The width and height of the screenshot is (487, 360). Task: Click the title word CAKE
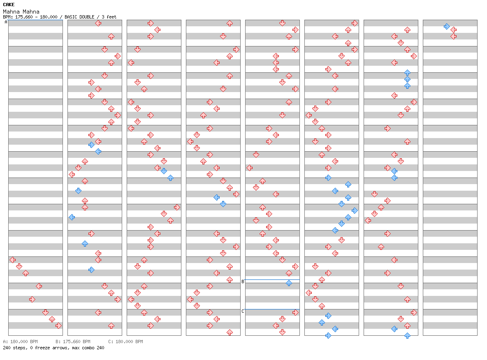point(9,5)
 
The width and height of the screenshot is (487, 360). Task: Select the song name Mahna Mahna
point(21,12)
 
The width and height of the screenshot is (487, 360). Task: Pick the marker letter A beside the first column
point(6,22)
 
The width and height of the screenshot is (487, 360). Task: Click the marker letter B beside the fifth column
point(243,282)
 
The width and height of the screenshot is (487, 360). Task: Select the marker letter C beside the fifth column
point(243,311)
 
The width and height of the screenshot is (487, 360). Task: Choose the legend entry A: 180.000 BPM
point(21,342)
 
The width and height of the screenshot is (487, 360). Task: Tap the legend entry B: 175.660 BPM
point(73,342)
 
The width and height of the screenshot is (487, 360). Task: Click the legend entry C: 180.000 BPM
point(125,342)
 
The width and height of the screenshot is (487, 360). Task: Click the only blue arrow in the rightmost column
point(447,26)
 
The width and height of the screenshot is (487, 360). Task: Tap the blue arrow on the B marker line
point(289,283)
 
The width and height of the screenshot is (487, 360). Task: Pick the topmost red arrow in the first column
point(12,260)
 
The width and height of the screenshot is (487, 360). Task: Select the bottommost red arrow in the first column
point(58,325)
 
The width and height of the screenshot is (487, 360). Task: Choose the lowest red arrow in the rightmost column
point(453,36)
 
